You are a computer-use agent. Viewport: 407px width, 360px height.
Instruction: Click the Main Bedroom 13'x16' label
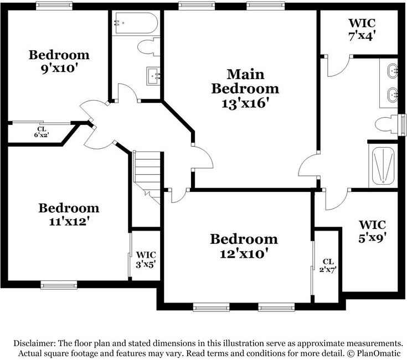click(245, 88)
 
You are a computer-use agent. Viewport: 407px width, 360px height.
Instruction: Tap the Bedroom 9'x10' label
click(59, 62)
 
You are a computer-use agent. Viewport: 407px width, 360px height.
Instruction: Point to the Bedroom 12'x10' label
click(244, 246)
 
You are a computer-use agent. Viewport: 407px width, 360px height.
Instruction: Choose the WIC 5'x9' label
click(372, 232)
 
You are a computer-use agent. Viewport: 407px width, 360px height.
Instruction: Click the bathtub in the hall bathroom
click(136, 23)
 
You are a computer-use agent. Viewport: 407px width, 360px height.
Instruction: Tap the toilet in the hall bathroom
click(148, 46)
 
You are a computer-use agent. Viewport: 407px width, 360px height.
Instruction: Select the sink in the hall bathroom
click(153, 74)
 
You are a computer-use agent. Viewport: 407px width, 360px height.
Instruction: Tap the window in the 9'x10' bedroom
click(54, 6)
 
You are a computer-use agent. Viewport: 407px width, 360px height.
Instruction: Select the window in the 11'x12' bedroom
click(57, 285)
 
